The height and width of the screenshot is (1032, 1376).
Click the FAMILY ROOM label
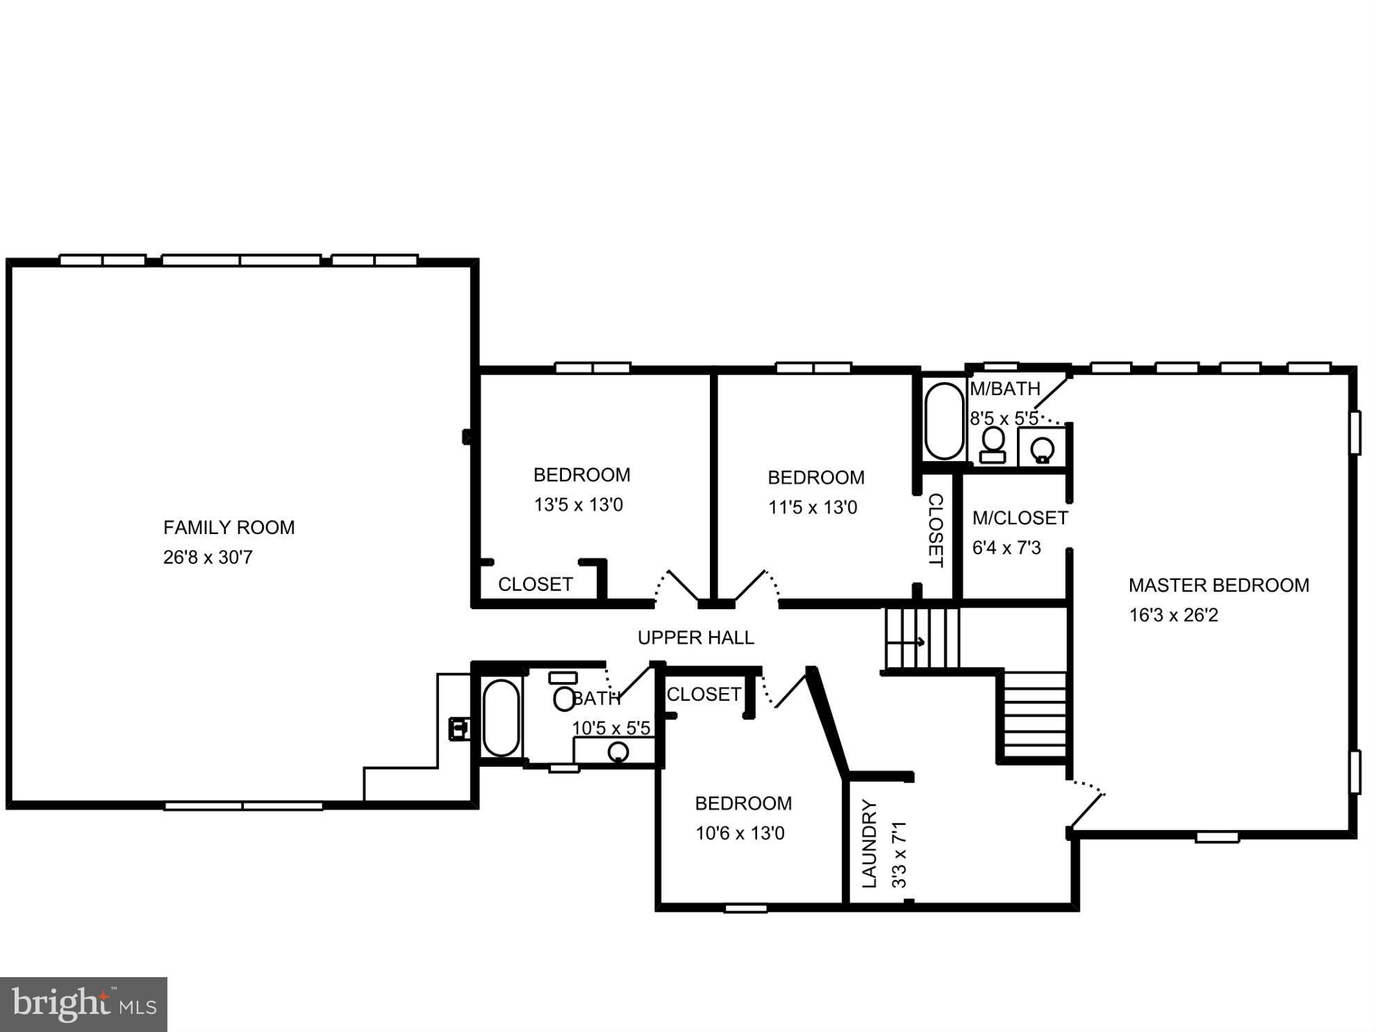(x=229, y=528)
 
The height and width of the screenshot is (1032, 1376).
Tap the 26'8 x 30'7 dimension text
(x=208, y=558)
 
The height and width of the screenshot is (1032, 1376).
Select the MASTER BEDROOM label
(x=1218, y=585)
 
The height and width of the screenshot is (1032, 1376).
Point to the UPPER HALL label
(x=695, y=638)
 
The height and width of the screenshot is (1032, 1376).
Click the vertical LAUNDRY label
(x=870, y=844)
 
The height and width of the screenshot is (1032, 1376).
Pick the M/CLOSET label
(x=1020, y=518)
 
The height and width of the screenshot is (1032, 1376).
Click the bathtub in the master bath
(x=944, y=421)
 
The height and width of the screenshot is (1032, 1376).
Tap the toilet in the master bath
(x=993, y=444)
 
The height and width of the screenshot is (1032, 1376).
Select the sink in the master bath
(x=1043, y=449)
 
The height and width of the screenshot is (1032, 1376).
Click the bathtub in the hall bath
(x=501, y=718)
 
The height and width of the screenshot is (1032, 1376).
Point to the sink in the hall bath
(x=617, y=752)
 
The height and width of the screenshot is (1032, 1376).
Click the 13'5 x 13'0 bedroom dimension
(x=578, y=505)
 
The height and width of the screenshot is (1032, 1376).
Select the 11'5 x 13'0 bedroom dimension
(x=812, y=508)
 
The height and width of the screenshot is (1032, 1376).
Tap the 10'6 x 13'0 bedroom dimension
(x=740, y=833)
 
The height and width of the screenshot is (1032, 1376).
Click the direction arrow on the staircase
(x=920, y=642)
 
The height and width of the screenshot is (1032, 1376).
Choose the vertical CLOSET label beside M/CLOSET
(x=936, y=530)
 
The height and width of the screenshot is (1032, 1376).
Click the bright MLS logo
(x=83, y=1004)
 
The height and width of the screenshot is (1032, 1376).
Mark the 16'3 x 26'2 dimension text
(x=1173, y=615)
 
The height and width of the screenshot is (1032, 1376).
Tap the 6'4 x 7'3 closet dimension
(x=1006, y=548)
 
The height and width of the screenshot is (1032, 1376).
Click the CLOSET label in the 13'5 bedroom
(x=535, y=585)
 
